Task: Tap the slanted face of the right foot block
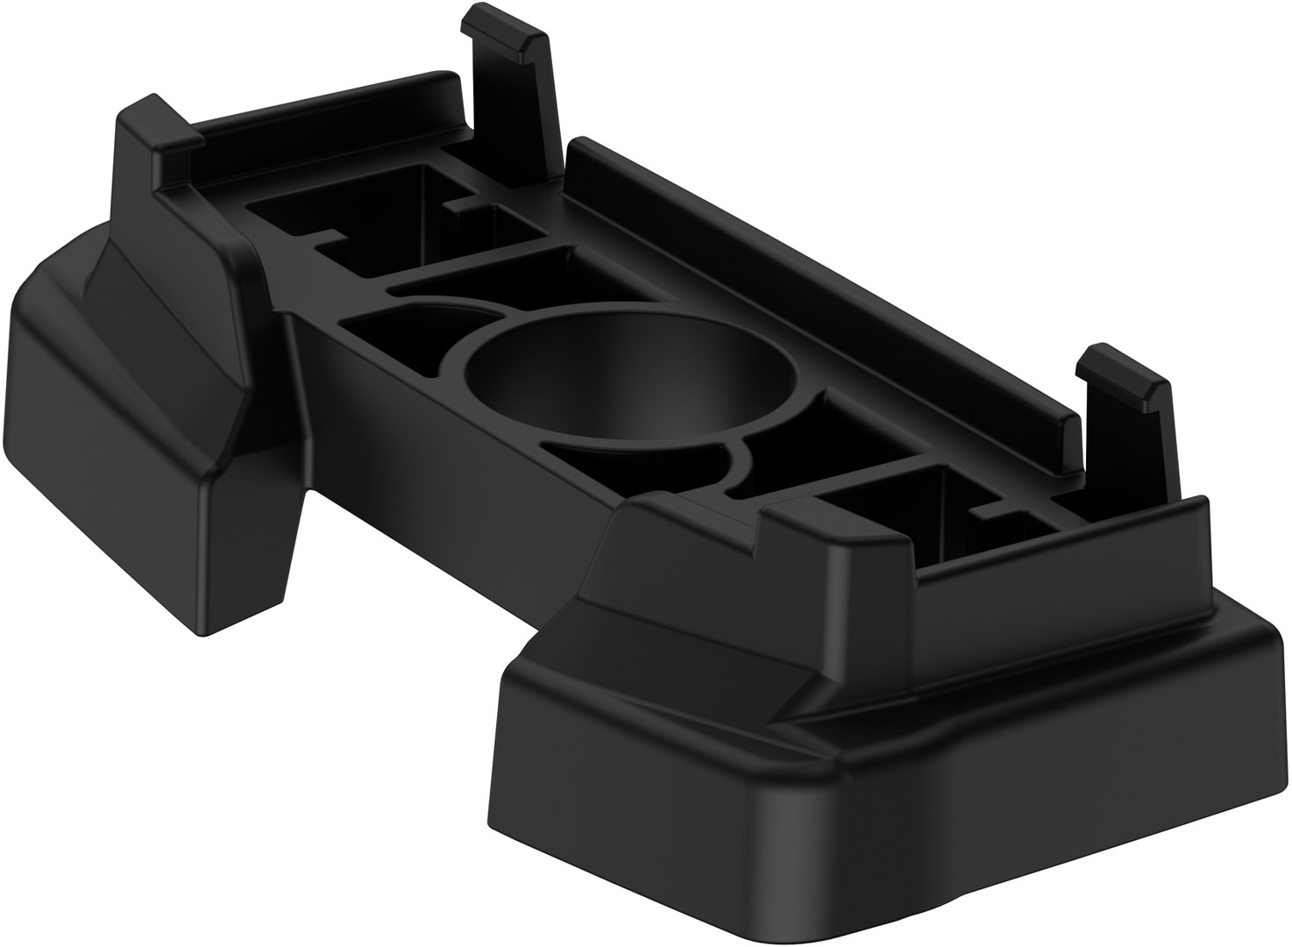click(692, 631)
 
